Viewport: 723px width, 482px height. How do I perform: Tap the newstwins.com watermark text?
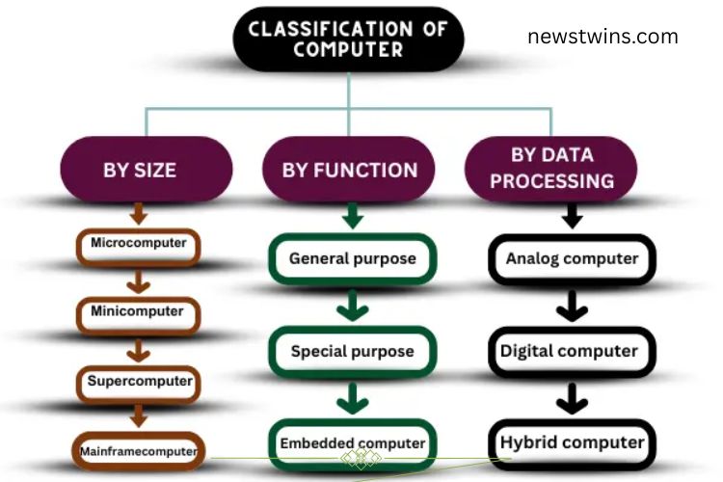pos(602,38)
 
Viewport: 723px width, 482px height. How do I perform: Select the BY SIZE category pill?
pos(140,170)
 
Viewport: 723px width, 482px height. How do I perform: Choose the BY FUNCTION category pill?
pos(350,170)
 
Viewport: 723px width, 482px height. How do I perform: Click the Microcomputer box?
pos(139,244)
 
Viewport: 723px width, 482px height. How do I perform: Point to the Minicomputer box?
pos(139,312)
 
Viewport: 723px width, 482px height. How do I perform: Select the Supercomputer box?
pos(139,381)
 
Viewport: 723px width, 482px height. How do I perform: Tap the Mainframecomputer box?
pos(139,448)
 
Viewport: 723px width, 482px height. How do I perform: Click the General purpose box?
pos(352,258)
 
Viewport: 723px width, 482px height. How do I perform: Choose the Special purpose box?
pos(352,351)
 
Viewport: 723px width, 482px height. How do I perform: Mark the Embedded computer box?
pos(352,443)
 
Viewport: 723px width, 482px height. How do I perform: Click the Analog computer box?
pos(572,258)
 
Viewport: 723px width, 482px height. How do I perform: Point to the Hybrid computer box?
pos(572,443)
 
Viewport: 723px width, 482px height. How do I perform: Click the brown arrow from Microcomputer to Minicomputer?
pos(140,280)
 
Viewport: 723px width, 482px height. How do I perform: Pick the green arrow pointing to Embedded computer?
pos(353,397)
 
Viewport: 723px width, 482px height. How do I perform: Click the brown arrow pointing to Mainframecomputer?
pos(140,415)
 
